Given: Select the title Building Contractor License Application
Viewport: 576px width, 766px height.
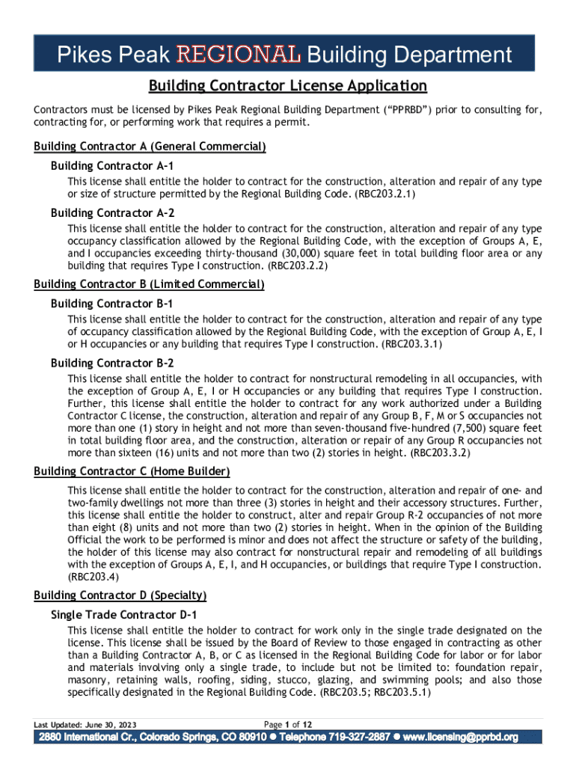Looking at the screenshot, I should point(287,86).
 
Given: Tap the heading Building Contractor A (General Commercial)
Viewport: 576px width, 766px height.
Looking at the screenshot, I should point(150,147).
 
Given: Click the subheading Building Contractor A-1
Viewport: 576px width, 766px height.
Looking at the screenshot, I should point(112,165).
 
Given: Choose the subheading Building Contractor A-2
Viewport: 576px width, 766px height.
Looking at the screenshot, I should point(112,212).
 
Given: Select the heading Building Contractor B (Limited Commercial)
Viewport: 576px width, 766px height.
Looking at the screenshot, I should point(150,284).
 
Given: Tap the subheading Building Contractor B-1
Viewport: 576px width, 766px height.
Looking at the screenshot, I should point(112,304).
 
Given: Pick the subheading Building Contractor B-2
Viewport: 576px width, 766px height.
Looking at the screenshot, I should point(112,363).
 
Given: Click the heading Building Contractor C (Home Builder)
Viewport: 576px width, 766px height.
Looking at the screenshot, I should point(132,471).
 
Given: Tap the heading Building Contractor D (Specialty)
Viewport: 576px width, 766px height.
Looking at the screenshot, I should point(120,595).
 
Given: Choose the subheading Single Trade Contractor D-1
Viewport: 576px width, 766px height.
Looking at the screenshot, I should point(123,614).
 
